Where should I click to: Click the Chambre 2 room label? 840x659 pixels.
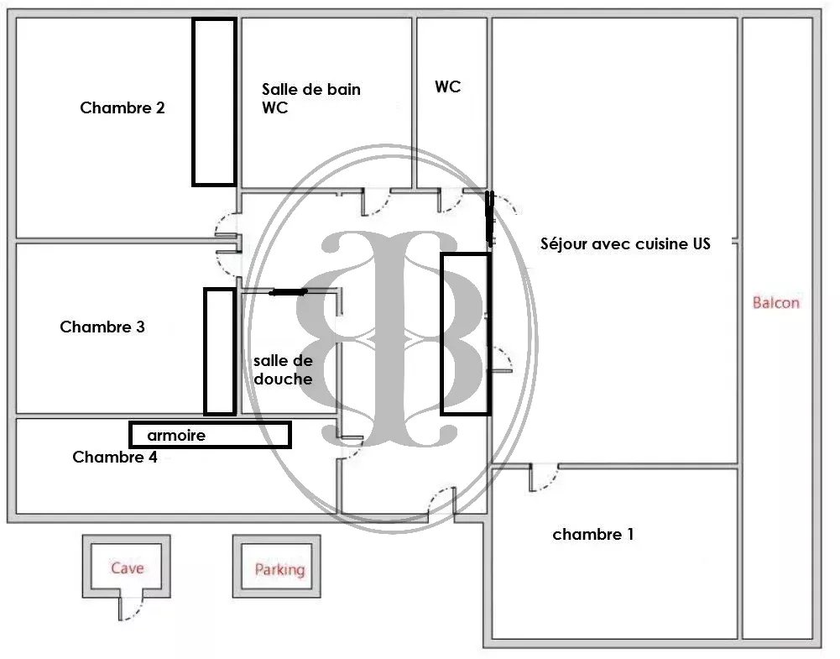[123, 108]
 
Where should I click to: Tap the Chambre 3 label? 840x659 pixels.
[102, 327]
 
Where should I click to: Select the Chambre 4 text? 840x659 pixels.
[114, 458]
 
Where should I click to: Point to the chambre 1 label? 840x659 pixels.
[593, 535]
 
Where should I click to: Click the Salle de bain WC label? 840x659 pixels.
[310, 98]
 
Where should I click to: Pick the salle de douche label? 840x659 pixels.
[283, 369]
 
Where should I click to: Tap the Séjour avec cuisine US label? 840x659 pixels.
[625, 244]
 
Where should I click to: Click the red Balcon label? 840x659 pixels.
[776, 303]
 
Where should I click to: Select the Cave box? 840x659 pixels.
[128, 568]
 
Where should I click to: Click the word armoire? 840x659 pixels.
[176, 436]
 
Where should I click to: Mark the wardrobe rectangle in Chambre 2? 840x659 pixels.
[214, 101]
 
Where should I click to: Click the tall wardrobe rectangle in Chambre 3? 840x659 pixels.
[220, 351]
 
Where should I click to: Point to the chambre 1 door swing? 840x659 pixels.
[544, 478]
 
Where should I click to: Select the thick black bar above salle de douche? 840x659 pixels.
[288, 292]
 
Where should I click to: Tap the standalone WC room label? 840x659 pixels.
[448, 87]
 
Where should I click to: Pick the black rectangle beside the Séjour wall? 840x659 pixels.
[465, 333]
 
